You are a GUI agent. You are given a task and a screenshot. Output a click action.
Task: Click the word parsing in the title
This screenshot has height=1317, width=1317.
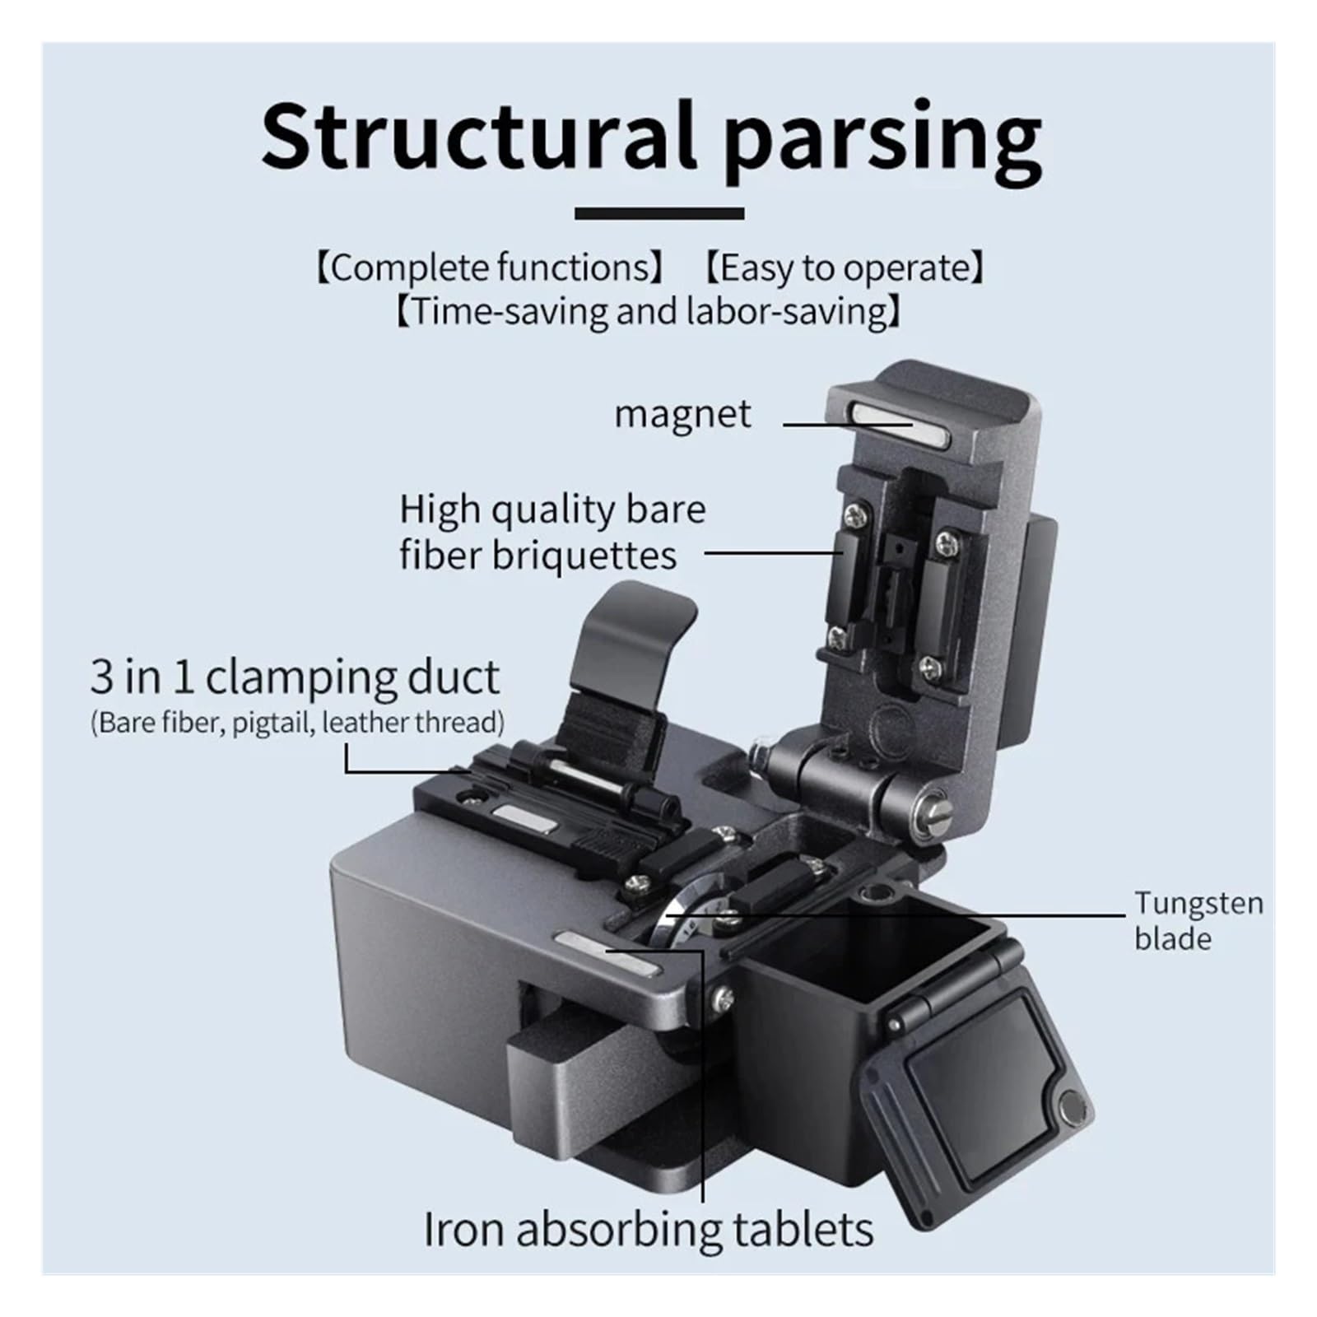(884, 142)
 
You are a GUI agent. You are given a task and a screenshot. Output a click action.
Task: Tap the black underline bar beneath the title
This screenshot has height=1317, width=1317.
(659, 213)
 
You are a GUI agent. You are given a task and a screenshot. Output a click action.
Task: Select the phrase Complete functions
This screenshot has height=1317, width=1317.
(491, 268)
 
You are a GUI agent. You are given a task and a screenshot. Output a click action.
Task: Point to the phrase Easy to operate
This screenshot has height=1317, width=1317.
(846, 268)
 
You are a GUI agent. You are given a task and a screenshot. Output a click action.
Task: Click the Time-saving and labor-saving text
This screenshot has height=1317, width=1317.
(649, 312)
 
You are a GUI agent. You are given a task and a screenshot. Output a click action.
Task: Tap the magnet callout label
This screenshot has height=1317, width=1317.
(682, 414)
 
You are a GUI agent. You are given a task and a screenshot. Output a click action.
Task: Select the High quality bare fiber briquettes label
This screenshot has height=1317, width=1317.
(552, 532)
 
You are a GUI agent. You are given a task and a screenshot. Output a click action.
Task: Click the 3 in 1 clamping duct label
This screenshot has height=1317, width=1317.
(295, 677)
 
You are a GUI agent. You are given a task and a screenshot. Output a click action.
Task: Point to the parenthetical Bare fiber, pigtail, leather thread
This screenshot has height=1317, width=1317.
(297, 723)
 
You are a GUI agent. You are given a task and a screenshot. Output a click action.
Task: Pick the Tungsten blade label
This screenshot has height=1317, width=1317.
(1198, 920)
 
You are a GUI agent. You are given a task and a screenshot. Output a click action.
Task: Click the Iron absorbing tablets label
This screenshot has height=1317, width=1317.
(649, 1231)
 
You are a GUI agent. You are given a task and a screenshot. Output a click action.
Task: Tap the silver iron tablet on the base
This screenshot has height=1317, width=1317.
(607, 953)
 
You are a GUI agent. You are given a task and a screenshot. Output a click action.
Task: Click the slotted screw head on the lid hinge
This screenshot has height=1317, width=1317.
(937, 812)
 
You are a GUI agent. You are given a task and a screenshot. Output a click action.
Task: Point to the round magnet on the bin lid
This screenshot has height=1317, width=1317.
(1072, 1108)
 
